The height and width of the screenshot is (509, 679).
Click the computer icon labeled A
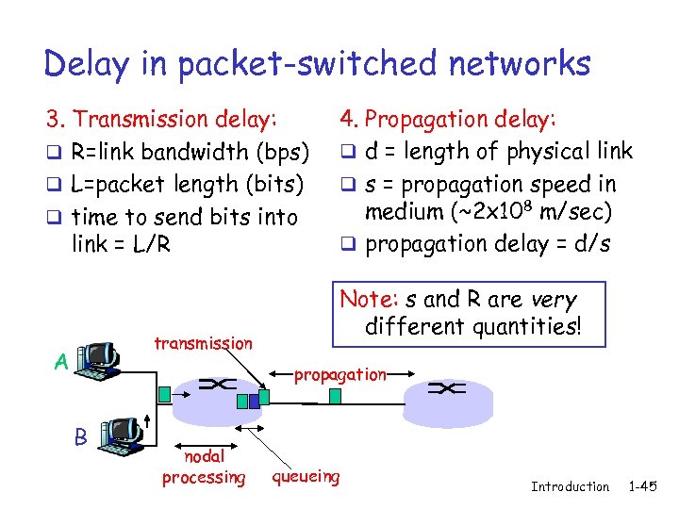point(99,358)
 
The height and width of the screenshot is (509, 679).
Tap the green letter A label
point(60,361)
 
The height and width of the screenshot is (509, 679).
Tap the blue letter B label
point(81,436)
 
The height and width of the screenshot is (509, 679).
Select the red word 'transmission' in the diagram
point(203,343)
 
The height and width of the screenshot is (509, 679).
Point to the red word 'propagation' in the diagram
point(340,374)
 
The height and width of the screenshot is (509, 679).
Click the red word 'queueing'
point(306,476)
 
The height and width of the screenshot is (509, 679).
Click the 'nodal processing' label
point(203,467)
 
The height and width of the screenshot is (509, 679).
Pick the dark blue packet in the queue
point(242,401)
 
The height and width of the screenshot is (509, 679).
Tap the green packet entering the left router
point(166,393)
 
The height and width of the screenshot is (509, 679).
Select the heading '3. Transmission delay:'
point(161,119)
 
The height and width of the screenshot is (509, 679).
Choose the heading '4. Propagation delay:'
point(449,119)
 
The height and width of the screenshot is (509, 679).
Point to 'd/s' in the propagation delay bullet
point(590,244)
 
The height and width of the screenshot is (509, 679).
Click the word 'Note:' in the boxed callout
point(369,299)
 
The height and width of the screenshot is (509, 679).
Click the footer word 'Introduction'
point(570,486)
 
